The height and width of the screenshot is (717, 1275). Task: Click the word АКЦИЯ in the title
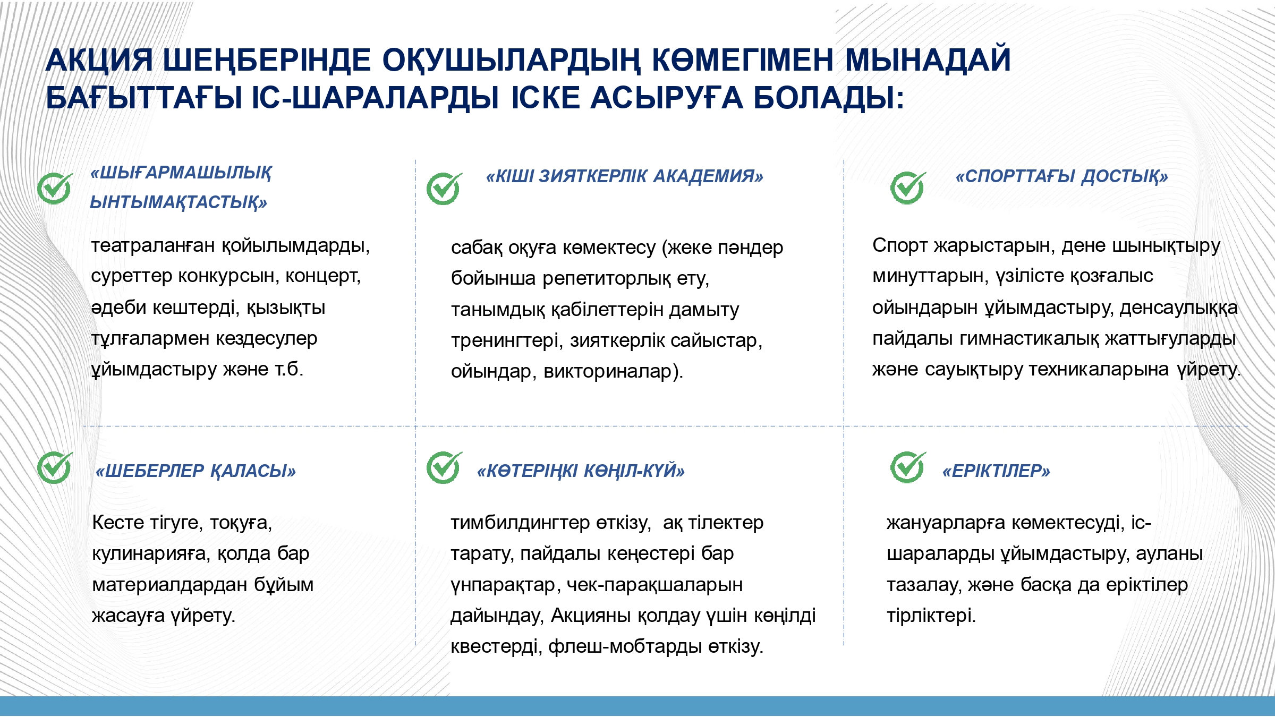[99, 60]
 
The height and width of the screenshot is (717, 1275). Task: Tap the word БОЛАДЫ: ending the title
[828, 98]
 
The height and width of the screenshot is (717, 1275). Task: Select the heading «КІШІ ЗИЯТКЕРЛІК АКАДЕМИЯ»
[625, 176]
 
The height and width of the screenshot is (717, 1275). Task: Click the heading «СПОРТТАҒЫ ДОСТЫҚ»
[1062, 176]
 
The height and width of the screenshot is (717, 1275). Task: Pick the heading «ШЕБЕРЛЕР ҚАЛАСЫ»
[195, 471]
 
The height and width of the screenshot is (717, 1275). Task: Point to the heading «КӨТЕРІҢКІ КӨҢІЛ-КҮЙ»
[581, 471]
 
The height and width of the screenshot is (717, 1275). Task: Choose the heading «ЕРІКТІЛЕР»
[996, 471]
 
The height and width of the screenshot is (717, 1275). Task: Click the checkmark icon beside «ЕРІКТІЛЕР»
[908, 467]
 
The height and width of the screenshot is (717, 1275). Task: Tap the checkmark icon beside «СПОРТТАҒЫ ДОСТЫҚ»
[908, 188]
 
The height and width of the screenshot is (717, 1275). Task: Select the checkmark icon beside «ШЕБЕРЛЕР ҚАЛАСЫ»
[55, 467]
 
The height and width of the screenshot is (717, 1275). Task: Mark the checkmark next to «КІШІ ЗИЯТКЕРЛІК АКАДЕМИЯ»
[444, 189]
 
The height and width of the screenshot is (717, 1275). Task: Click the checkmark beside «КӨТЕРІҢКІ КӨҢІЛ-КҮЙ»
[444, 467]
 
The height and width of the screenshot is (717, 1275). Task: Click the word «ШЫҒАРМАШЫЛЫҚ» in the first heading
[181, 173]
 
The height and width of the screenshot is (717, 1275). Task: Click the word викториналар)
[614, 371]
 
